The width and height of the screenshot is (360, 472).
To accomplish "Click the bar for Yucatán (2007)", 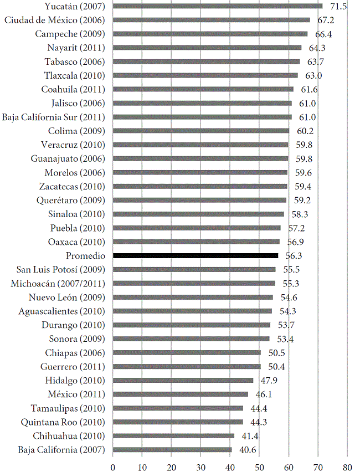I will pos(217,6).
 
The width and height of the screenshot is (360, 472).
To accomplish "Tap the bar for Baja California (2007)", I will pos(172,450).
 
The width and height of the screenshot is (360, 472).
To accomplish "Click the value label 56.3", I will pos(294,255).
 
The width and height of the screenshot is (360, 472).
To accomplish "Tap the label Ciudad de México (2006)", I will pos(54,20).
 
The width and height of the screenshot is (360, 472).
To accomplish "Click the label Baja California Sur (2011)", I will pos(53,117).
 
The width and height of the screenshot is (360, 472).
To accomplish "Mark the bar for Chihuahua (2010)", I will pos(173,436).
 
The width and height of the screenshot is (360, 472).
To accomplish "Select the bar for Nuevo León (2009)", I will pos(193,297).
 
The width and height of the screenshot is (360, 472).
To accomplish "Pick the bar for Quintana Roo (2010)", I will pos(178,422).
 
